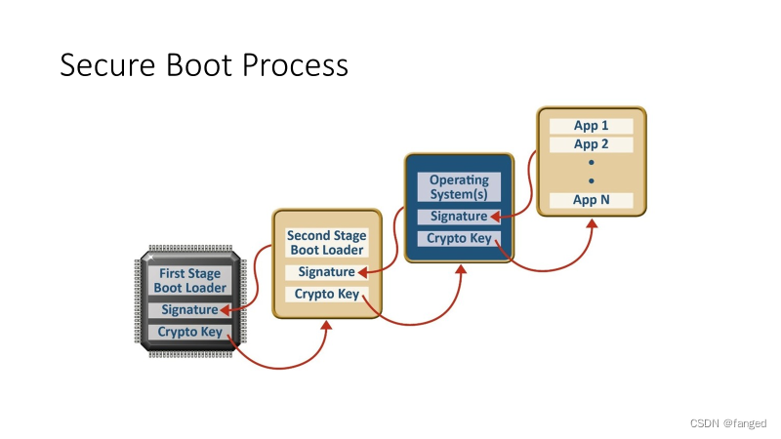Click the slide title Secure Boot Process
click(204, 64)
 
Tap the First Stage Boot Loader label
click(189, 280)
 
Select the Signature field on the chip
click(186, 310)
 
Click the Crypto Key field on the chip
click(189, 333)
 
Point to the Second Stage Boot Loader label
click(326, 242)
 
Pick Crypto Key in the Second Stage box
click(326, 295)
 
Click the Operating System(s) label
click(459, 186)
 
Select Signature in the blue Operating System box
click(455, 217)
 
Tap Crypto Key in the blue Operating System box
click(459, 239)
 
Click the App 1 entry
click(591, 126)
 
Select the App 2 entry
click(591, 144)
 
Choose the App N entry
click(591, 200)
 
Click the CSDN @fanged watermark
click(728, 423)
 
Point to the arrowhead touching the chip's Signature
click(226, 310)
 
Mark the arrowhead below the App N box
click(592, 223)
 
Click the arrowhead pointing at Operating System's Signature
click(495, 217)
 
